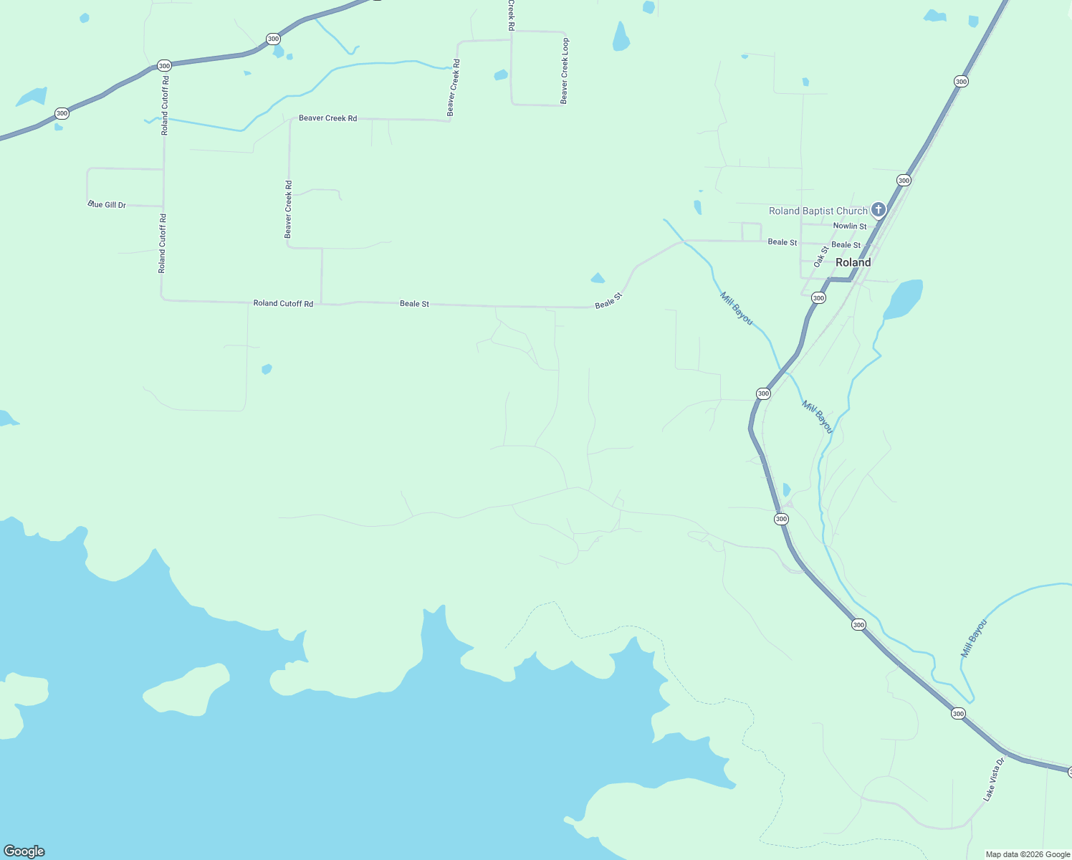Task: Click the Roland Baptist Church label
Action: coord(818,211)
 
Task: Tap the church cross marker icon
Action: coord(879,210)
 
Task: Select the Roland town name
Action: coord(853,262)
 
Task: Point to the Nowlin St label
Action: coord(849,226)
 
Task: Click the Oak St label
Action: coord(821,256)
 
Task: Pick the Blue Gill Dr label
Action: coord(107,205)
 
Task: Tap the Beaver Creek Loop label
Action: coord(565,71)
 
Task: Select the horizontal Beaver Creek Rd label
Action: coord(327,118)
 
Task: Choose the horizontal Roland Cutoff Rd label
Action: coord(283,304)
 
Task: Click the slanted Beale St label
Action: coord(608,300)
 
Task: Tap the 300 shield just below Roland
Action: coord(818,297)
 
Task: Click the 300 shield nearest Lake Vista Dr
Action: coord(958,714)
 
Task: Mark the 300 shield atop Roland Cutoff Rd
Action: coord(164,66)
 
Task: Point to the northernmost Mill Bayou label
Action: coord(737,309)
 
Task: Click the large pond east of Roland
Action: coord(904,297)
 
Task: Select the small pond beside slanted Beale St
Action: coord(597,278)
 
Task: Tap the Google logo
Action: coord(24,851)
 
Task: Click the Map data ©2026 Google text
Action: coord(1027,854)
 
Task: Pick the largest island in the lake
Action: coord(186,689)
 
